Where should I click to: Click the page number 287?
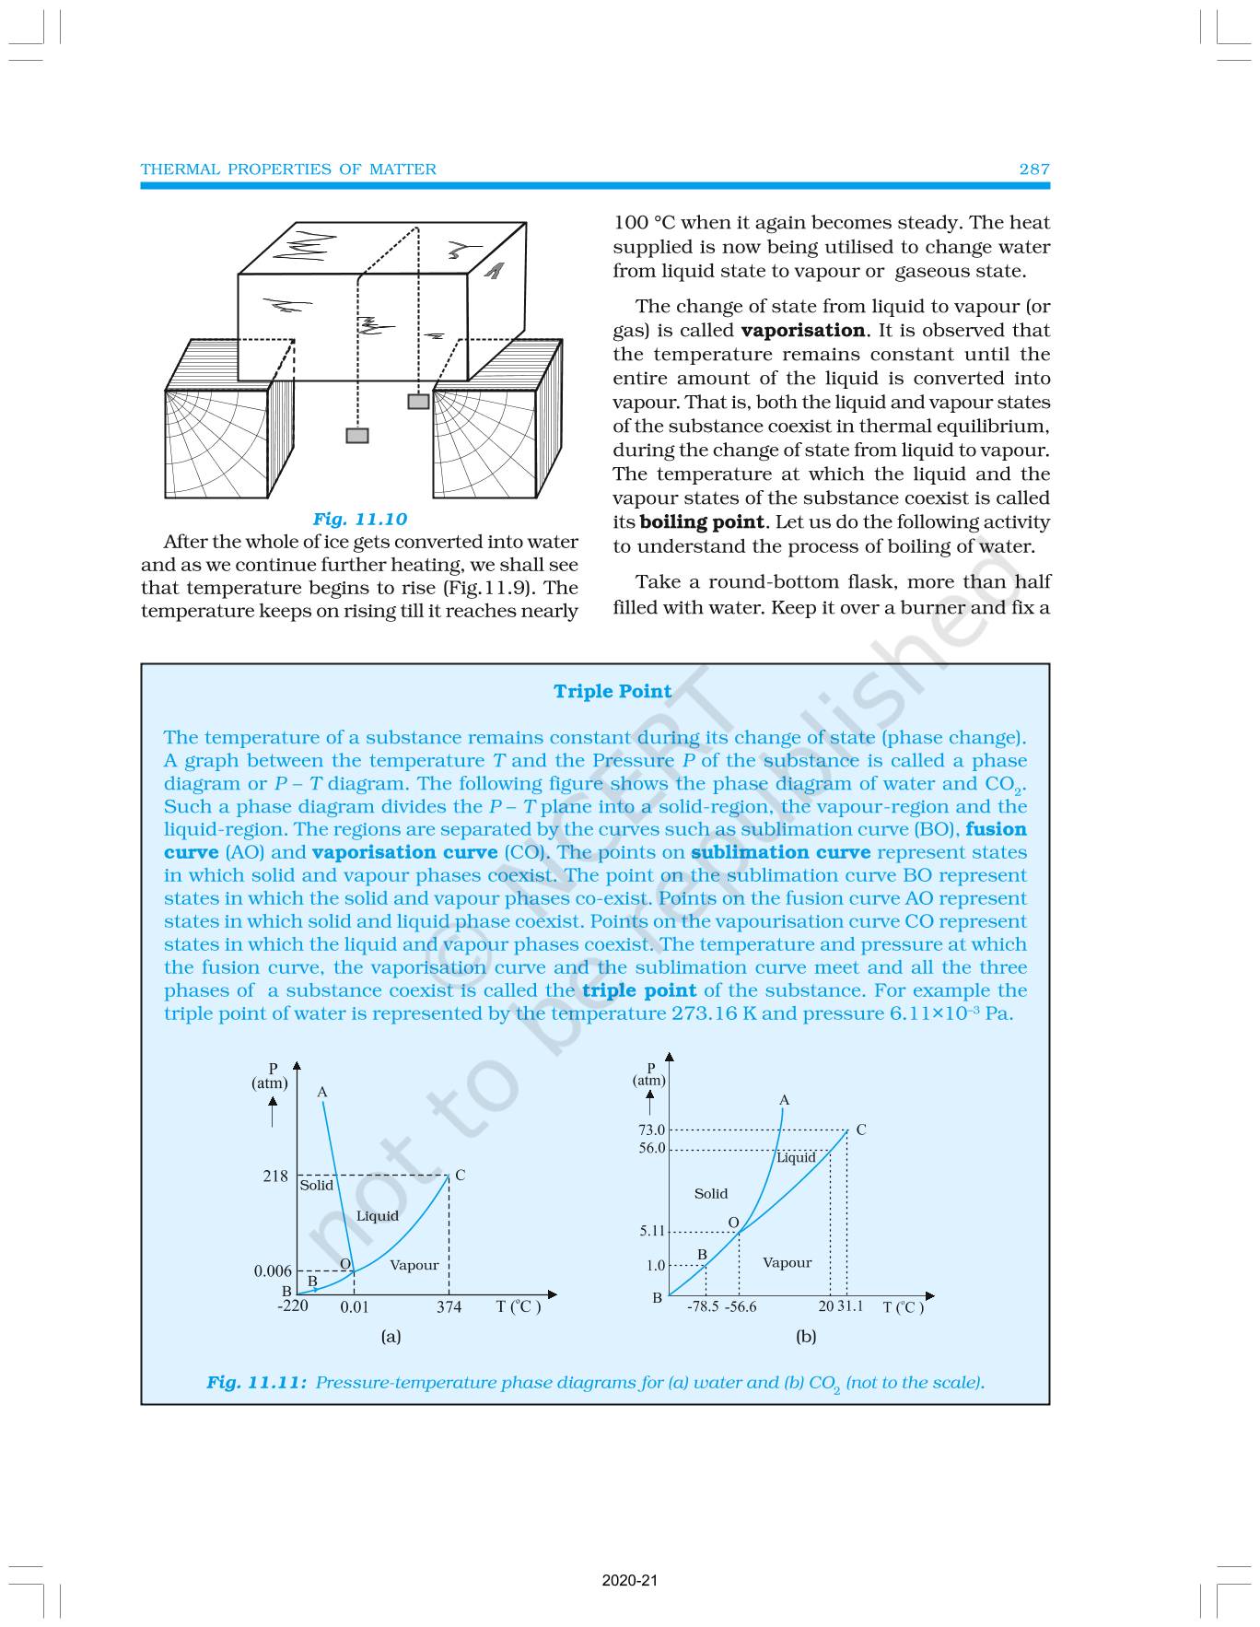pos(1033,170)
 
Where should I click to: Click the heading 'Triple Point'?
pos(612,692)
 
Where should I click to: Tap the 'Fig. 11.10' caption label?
pos(359,520)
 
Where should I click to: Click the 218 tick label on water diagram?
pos(274,1176)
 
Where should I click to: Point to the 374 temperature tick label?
pos(449,1307)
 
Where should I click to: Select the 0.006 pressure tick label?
pos(273,1271)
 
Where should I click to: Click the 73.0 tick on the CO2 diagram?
pos(651,1130)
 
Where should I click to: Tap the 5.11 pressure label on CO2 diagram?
pos(651,1231)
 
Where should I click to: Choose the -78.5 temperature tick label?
pos(703,1307)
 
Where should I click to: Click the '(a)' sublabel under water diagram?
pos(391,1337)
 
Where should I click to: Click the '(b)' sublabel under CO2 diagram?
pos(806,1337)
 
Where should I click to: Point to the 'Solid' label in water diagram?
pos(316,1186)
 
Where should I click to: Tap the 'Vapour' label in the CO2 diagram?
pos(787,1263)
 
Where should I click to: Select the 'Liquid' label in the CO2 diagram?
pos(796,1158)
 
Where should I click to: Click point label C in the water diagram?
pos(460,1176)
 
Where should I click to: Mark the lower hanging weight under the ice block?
pos(357,436)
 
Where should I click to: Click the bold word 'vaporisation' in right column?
pos(802,331)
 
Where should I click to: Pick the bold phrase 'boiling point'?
pos(702,522)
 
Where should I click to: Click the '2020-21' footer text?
pos(630,1581)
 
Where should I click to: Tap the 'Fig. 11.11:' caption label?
pos(256,1383)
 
